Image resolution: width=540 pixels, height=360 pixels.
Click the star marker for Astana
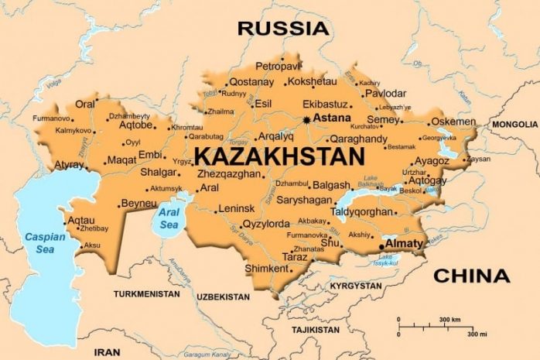pos(306,119)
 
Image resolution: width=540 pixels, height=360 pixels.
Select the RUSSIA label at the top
pos(282,29)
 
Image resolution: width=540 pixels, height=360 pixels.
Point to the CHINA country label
pos(471,276)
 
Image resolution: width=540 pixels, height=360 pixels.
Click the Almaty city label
pos(405,243)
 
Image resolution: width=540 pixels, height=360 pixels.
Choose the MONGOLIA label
pos(514,124)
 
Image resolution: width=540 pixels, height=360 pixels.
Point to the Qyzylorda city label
pos(265,225)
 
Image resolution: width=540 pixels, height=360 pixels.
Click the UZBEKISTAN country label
pos(223,297)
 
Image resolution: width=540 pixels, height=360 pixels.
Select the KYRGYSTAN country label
pos(355,286)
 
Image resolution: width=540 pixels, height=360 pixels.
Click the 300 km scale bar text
pos(449,319)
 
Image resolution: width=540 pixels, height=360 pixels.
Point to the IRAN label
pos(107,351)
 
